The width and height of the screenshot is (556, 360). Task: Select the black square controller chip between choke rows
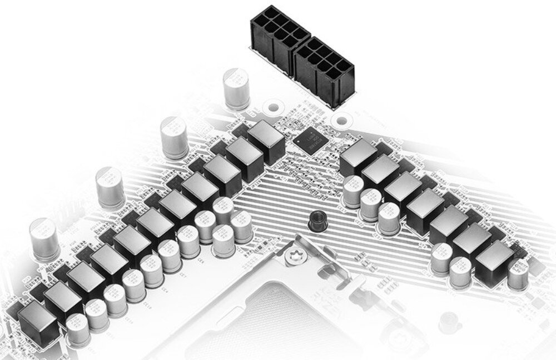tap(309, 141)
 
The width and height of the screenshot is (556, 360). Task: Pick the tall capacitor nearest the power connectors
tap(236, 88)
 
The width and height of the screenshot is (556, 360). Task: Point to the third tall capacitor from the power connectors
tap(110, 187)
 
